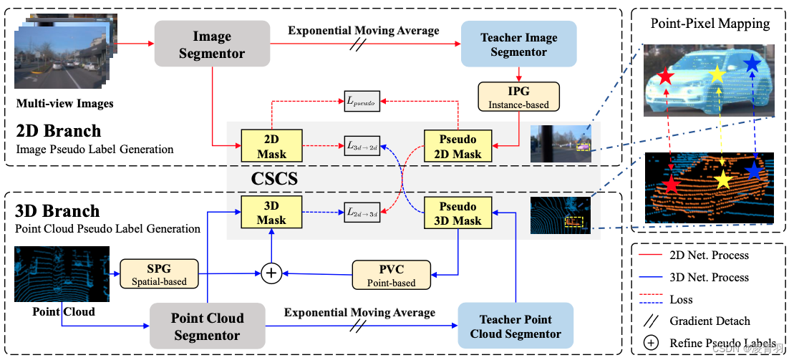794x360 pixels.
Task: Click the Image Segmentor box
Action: (212, 44)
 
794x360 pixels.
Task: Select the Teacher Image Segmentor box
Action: (518, 44)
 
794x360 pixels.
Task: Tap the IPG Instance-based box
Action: (518, 96)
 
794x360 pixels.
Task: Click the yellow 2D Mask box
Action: (271, 146)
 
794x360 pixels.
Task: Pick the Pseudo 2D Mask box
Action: (457, 146)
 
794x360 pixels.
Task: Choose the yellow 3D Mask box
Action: (271, 213)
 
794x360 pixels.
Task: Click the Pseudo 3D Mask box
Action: (457, 213)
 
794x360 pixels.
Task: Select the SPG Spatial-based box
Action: (158, 273)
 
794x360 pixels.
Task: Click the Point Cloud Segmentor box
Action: (207, 326)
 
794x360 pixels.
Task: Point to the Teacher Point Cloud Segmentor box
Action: (515, 326)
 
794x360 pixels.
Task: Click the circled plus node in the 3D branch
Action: (271, 273)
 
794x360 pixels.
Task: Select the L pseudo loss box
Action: (362, 102)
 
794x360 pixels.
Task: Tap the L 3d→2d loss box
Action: (362, 145)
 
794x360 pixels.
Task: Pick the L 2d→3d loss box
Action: (362, 213)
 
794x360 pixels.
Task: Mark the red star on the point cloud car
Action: (671, 185)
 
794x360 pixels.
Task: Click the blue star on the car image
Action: (751, 64)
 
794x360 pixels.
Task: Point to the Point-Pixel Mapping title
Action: (710, 24)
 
